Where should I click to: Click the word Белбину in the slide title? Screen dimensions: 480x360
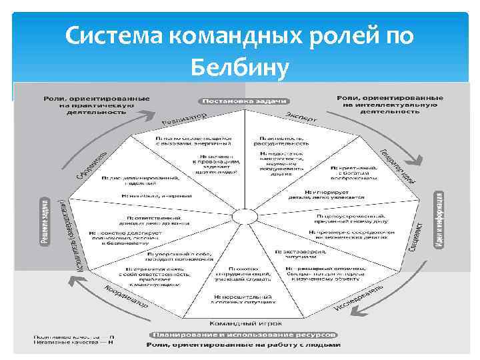(x=240, y=67)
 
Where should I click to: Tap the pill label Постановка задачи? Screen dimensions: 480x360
(x=243, y=101)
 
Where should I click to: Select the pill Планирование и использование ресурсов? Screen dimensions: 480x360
(x=244, y=334)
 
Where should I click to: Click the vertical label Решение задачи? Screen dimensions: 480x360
(x=44, y=221)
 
